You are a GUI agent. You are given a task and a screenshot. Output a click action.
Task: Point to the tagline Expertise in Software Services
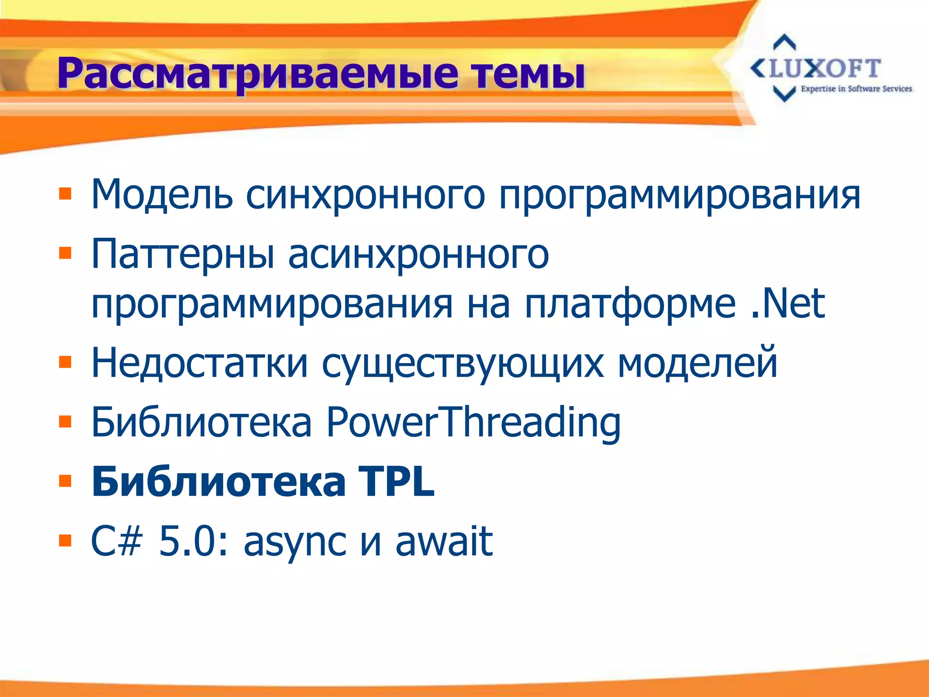point(856,89)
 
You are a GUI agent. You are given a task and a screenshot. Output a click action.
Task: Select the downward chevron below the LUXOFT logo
point(784,93)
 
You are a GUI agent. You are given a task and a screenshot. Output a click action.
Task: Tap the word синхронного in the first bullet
point(365,195)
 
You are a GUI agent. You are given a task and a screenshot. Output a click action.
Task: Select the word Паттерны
point(183,254)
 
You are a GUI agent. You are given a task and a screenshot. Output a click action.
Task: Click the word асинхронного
point(418,255)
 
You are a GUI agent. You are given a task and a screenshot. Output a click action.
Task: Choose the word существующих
point(463,363)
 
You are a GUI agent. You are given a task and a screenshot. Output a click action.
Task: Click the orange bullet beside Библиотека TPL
point(65,481)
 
